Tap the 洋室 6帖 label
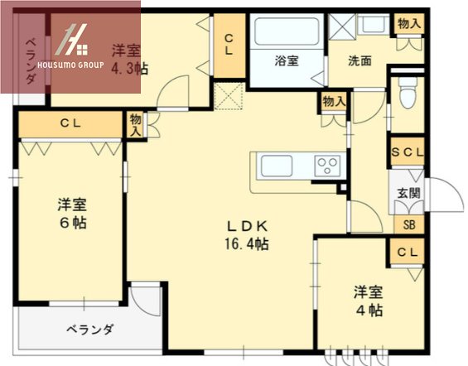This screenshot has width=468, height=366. click(73, 214)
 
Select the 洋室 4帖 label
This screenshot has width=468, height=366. click(368, 301)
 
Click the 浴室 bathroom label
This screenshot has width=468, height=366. click(287, 60)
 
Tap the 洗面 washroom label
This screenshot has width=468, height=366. click(359, 60)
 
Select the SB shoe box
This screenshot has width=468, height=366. click(408, 224)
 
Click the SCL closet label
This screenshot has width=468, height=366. click(408, 152)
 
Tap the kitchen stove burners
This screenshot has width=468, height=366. click(326, 165)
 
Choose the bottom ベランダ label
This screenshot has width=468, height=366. click(89, 330)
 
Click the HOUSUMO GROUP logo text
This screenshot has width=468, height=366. click(77, 62)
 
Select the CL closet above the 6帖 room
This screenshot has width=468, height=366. click(70, 123)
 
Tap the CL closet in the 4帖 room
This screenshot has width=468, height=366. click(407, 252)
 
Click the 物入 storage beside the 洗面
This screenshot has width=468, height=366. click(409, 23)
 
